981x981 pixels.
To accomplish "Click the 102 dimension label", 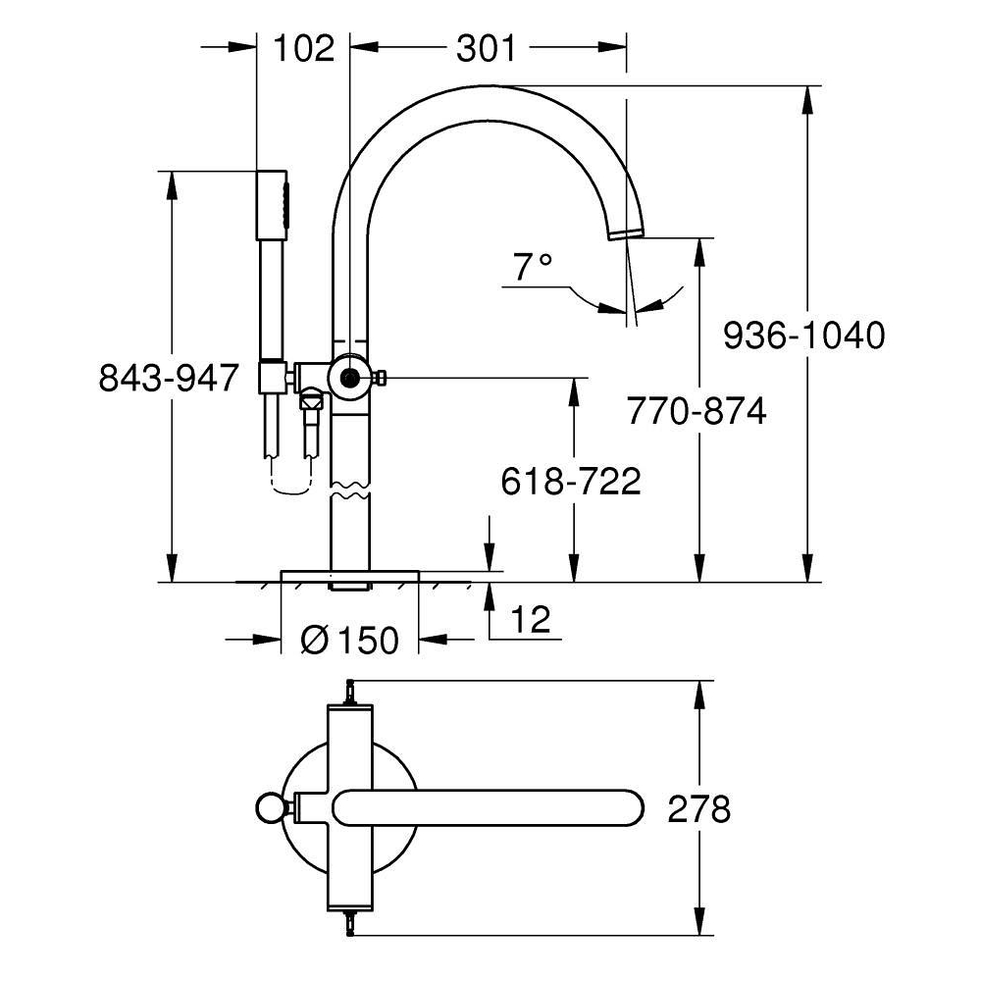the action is coord(304,48).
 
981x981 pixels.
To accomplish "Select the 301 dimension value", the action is coord(487,48).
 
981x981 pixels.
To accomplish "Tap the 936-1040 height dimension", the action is coord(804,336).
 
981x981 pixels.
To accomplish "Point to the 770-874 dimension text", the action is coord(697,411).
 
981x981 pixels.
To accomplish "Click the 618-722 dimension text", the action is coord(571,481).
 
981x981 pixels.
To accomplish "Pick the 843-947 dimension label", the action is coord(169,378).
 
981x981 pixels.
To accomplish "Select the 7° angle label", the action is coord(533,267).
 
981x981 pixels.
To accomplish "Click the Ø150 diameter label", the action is coord(350,640).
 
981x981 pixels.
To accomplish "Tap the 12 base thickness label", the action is coord(531,619).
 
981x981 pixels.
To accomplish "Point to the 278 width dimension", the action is coord(698,809).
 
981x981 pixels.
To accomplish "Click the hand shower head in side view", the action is coord(272,205).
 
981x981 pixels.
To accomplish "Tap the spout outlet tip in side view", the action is coord(626,232).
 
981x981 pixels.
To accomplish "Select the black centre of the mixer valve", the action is coord(350,378).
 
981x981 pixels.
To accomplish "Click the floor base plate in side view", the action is coord(350,576).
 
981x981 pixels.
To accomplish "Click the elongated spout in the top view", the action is coord(488,808).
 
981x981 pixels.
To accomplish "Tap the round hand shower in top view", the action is coord(271,808).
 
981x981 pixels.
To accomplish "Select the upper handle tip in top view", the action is coord(350,692).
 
